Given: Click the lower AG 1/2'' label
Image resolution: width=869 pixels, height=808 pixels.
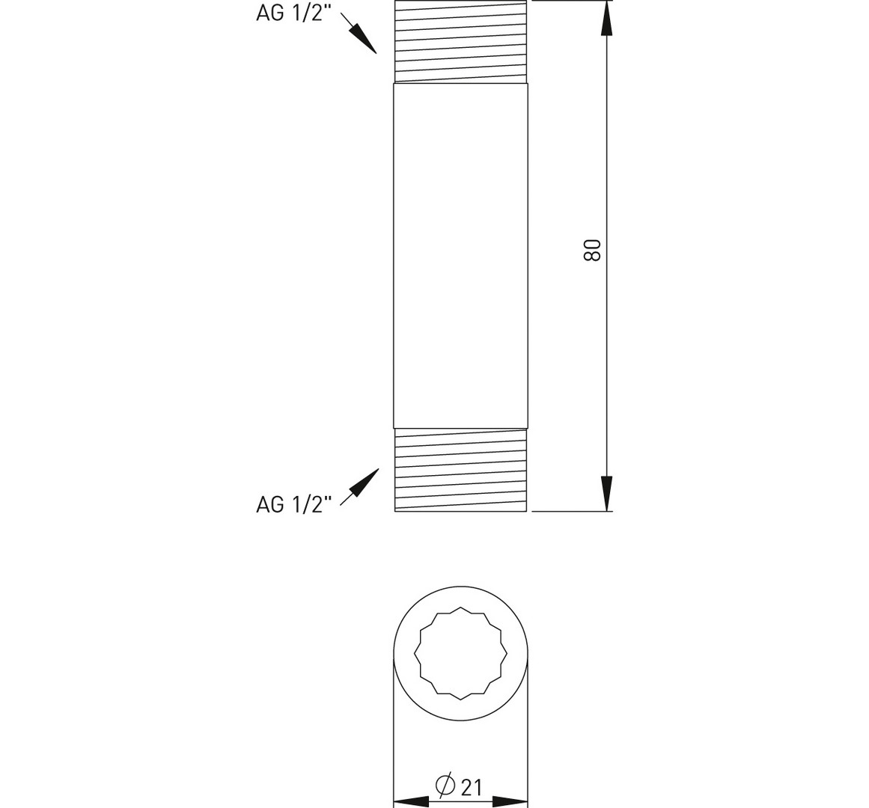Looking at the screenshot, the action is click(x=293, y=504).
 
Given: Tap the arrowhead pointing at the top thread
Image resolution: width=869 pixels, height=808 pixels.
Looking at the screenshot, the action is click(x=364, y=40).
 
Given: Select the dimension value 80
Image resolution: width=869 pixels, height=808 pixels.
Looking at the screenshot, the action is click(x=593, y=251).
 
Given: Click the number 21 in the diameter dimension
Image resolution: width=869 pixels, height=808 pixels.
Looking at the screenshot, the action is click(x=471, y=787).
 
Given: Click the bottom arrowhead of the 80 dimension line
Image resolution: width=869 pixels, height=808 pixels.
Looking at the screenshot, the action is click(x=608, y=494).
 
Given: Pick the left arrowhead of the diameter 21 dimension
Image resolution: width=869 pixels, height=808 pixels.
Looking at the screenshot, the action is click(x=411, y=802).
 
